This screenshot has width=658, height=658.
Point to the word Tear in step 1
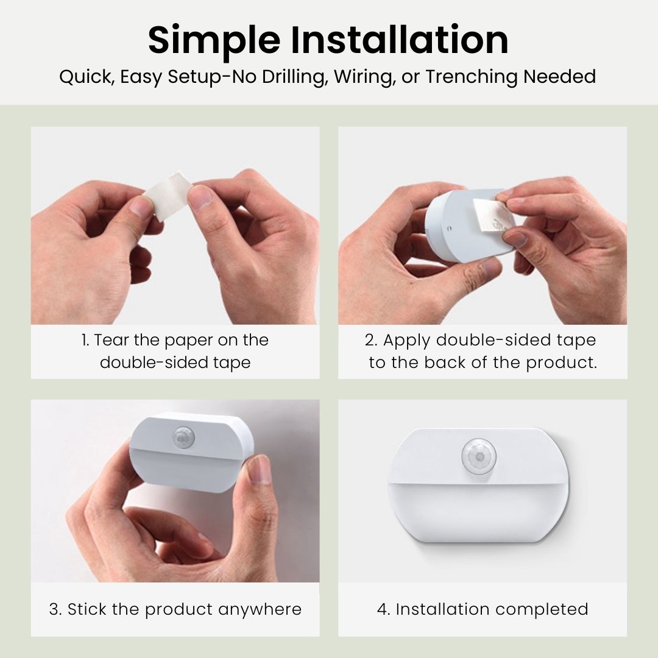pos(111,340)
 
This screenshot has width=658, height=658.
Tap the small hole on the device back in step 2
pos(449,230)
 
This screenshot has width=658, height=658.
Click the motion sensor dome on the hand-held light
pos(183,436)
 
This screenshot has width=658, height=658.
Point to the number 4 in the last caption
pos(382,609)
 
